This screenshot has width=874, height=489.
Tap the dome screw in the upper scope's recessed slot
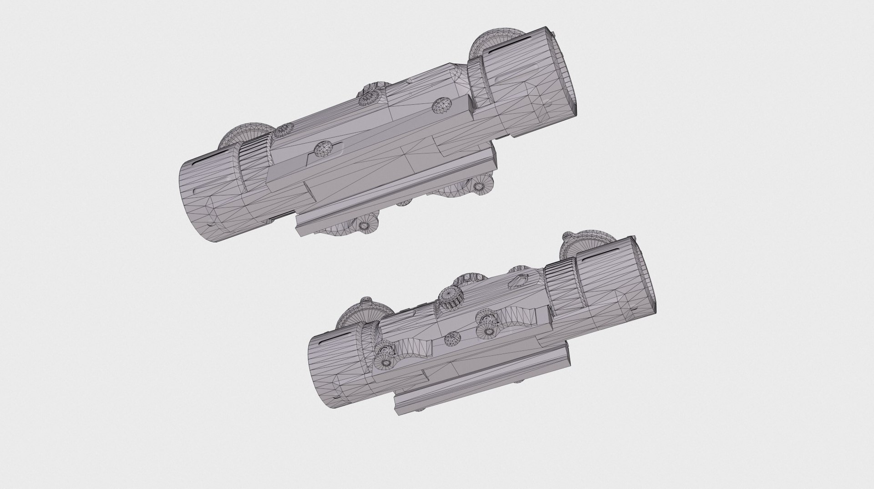click(325, 148)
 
